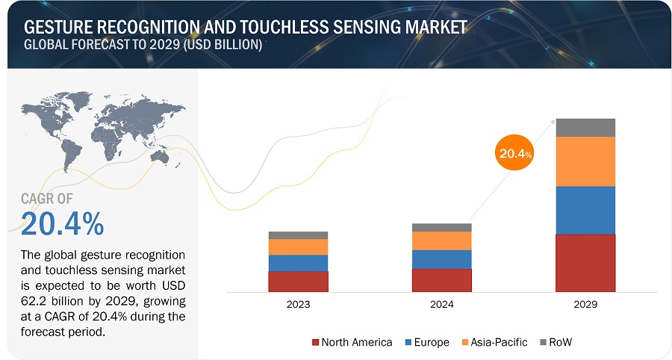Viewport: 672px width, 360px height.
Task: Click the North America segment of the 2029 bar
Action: pyautogui.click(x=585, y=263)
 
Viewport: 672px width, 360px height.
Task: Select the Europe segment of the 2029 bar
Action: pyautogui.click(x=585, y=210)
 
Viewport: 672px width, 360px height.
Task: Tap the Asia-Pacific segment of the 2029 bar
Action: pyautogui.click(x=585, y=161)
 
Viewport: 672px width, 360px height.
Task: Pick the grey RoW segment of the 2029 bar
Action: pyautogui.click(x=585, y=128)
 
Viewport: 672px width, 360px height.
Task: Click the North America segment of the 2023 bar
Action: pyautogui.click(x=298, y=281)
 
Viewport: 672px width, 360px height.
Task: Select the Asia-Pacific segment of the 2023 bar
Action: pyautogui.click(x=298, y=246)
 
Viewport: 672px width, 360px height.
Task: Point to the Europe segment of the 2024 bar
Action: pyautogui.click(x=441, y=259)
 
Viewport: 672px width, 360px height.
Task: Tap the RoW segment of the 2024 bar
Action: pyautogui.click(x=441, y=227)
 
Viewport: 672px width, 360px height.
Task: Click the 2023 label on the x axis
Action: pyautogui.click(x=298, y=305)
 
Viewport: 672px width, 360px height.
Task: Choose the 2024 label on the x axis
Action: pyautogui.click(x=441, y=305)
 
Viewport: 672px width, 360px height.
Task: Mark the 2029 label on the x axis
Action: pyautogui.click(x=585, y=305)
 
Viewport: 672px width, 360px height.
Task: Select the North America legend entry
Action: pyautogui.click(x=352, y=342)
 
